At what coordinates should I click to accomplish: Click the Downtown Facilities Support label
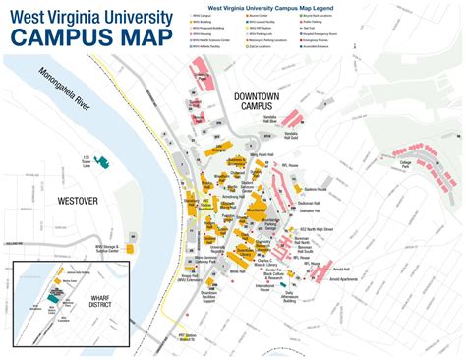click(209, 325)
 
